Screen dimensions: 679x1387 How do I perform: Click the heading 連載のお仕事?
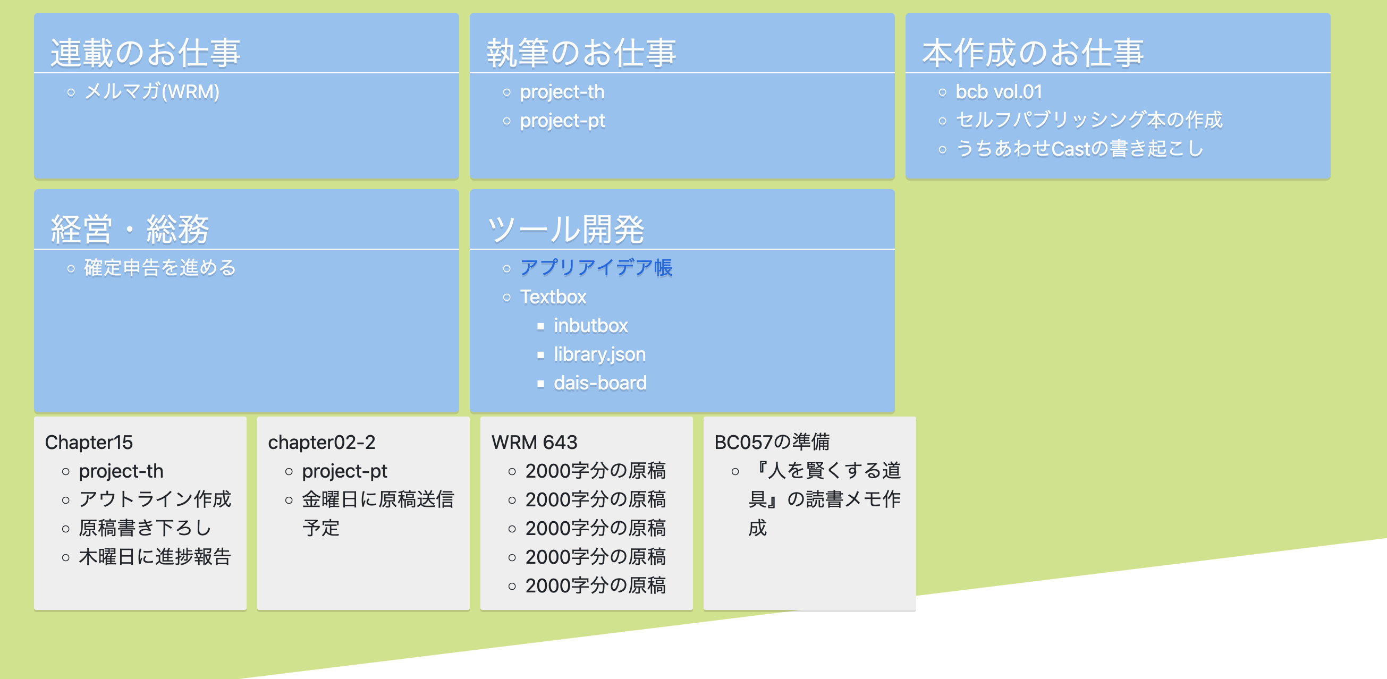(x=146, y=53)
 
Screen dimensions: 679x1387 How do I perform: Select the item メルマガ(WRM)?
(x=152, y=91)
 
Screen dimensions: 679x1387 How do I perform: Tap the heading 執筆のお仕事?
(x=581, y=53)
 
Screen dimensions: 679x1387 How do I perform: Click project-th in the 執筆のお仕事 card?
(x=562, y=92)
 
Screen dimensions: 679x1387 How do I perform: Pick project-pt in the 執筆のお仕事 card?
(x=562, y=121)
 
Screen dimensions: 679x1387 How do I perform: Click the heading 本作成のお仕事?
(x=1032, y=53)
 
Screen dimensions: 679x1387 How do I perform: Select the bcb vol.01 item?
(x=998, y=92)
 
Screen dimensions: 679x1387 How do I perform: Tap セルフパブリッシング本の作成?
(x=1089, y=120)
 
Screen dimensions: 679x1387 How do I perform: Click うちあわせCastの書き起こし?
(x=1079, y=149)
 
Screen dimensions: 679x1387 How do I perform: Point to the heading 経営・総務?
(x=129, y=229)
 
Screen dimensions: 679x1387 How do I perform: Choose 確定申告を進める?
(x=160, y=268)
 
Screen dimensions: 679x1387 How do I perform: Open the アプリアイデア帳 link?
(x=596, y=268)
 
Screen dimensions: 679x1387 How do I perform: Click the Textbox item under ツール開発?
(x=553, y=296)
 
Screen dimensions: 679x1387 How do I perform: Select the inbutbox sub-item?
(x=590, y=325)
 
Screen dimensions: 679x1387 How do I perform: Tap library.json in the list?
(x=599, y=354)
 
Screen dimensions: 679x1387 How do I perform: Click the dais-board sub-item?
(x=600, y=383)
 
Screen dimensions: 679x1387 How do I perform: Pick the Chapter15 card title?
(x=89, y=442)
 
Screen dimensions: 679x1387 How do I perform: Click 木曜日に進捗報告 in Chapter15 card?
(x=155, y=557)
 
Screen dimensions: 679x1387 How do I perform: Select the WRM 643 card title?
(x=534, y=442)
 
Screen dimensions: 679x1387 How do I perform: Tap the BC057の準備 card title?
(x=772, y=442)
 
